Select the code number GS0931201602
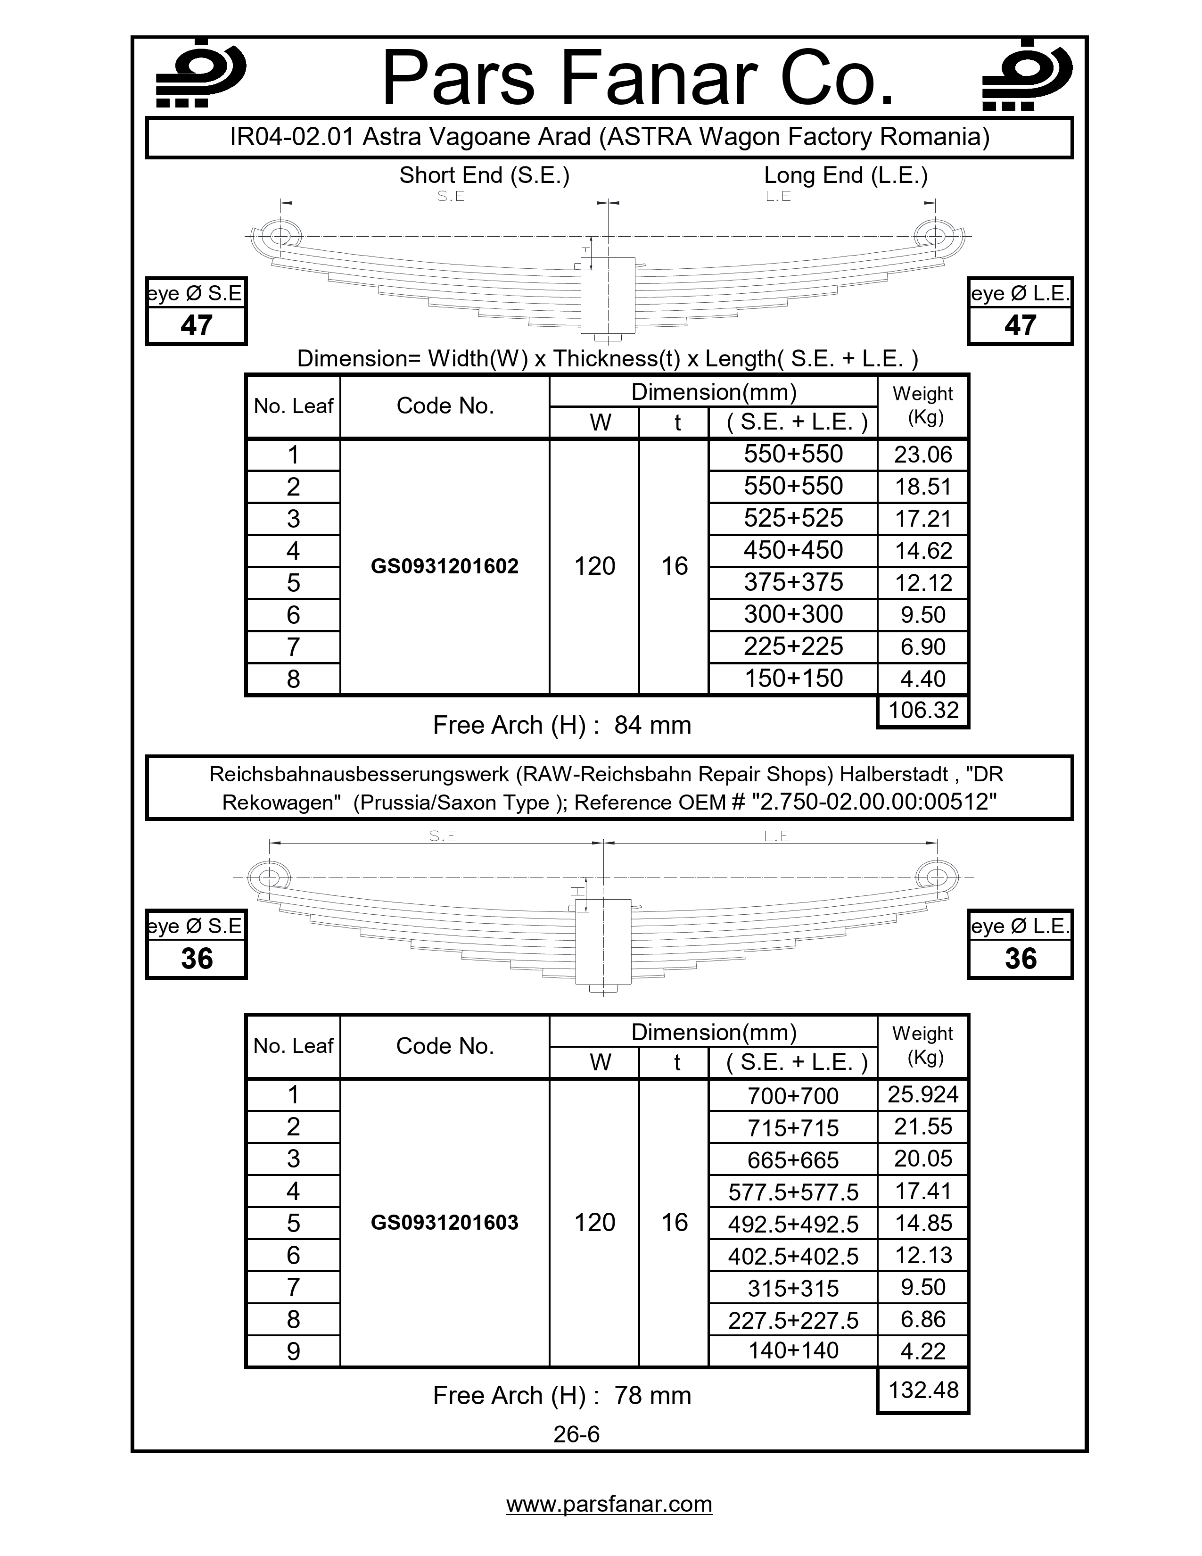[445, 566]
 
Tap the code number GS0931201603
[445, 1223]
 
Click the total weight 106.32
[923, 710]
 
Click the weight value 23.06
[923, 455]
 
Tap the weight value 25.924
[923, 1095]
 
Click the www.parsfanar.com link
[609, 1504]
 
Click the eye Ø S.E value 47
[197, 326]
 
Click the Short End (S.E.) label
[484, 175]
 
